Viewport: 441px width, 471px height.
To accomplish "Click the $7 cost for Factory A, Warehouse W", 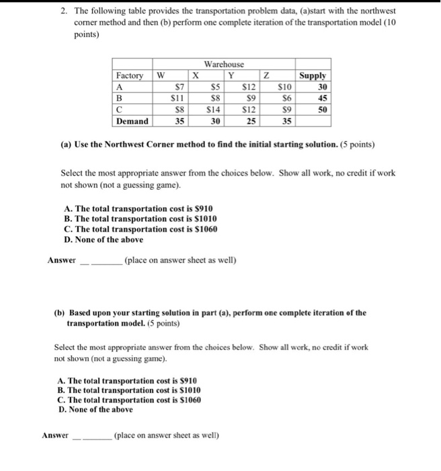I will pyautogui.click(x=179, y=87).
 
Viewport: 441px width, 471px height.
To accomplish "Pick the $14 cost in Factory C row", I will pyautogui.click(x=212, y=110).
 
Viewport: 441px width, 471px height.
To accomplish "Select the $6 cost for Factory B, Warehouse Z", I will pyautogui.click(x=285, y=98).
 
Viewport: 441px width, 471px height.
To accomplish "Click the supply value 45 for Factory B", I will pyautogui.click(x=322, y=98).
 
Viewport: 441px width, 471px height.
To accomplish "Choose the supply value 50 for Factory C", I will pyautogui.click(x=322, y=110).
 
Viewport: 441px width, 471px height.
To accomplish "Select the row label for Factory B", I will pyautogui.click(x=120, y=98).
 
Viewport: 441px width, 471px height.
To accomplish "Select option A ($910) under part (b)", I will pyautogui.click(x=128, y=381).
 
